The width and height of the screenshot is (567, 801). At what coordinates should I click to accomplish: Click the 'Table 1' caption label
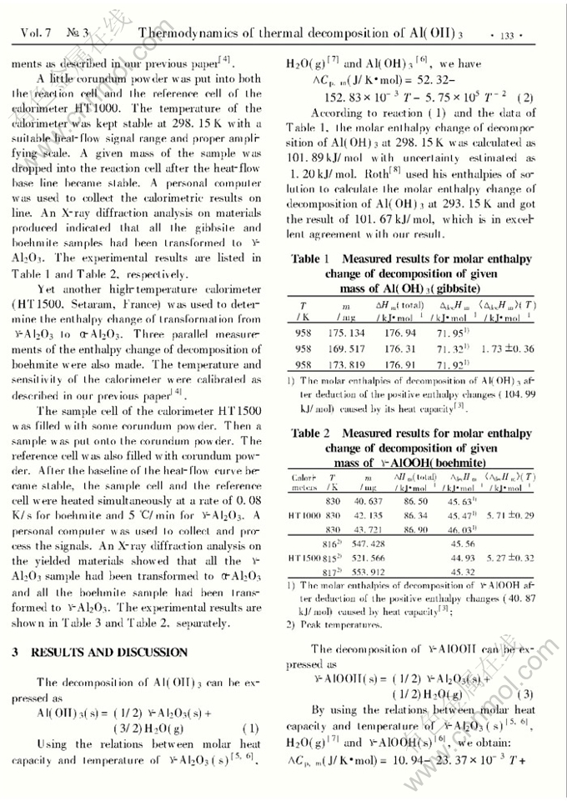pyautogui.click(x=310, y=260)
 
